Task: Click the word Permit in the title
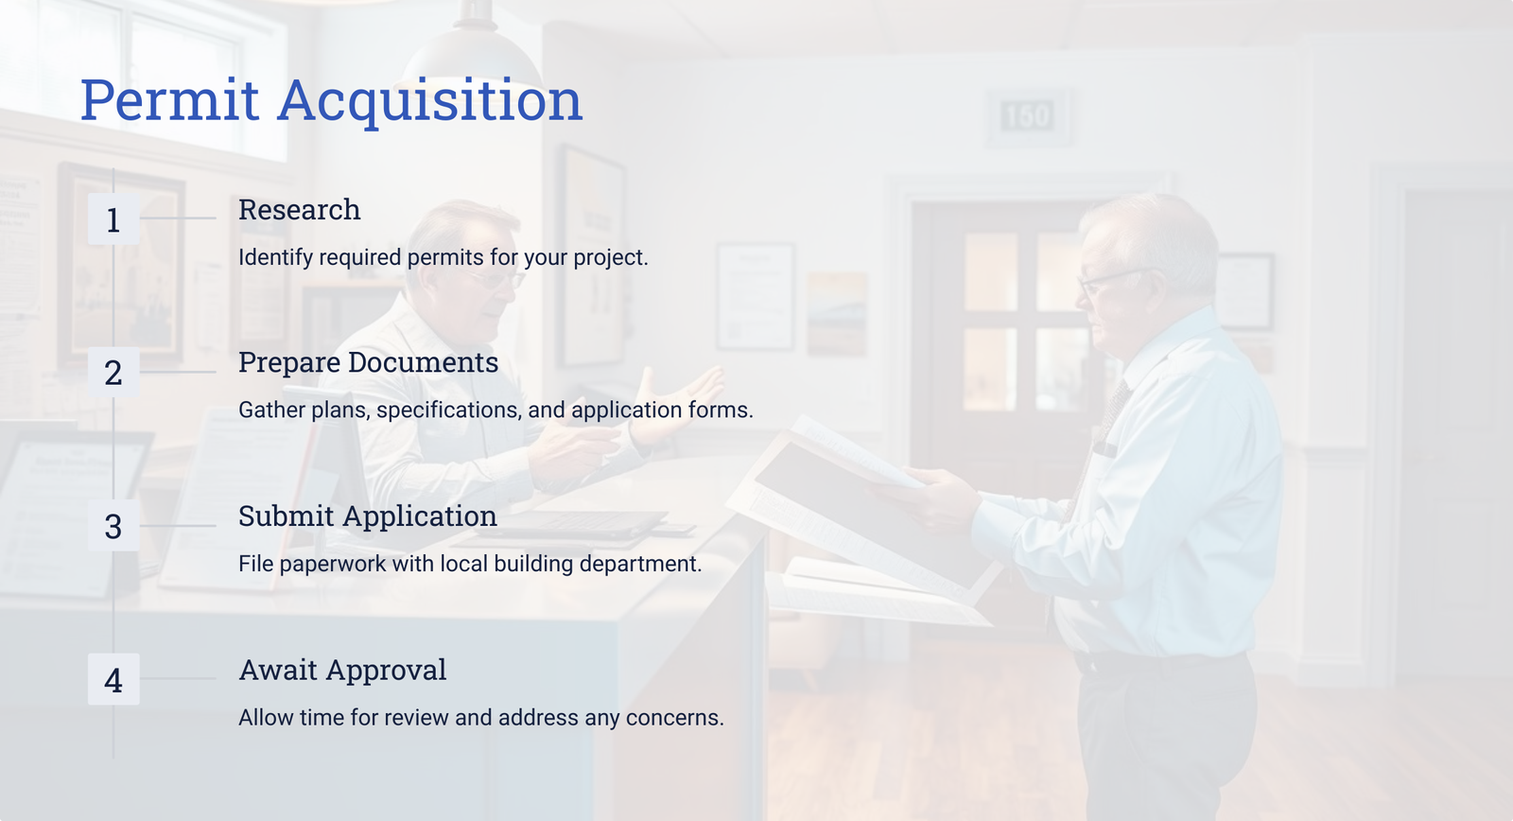click(169, 100)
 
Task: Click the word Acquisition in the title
click(429, 101)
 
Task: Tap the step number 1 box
click(113, 218)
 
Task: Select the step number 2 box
click(113, 373)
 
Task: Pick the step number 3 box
click(113, 526)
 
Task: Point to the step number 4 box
click(113, 679)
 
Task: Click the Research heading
click(299, 209)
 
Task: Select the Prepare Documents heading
click(368, 363)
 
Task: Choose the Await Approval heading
click(342, 671)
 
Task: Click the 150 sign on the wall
click(1027, 116)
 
